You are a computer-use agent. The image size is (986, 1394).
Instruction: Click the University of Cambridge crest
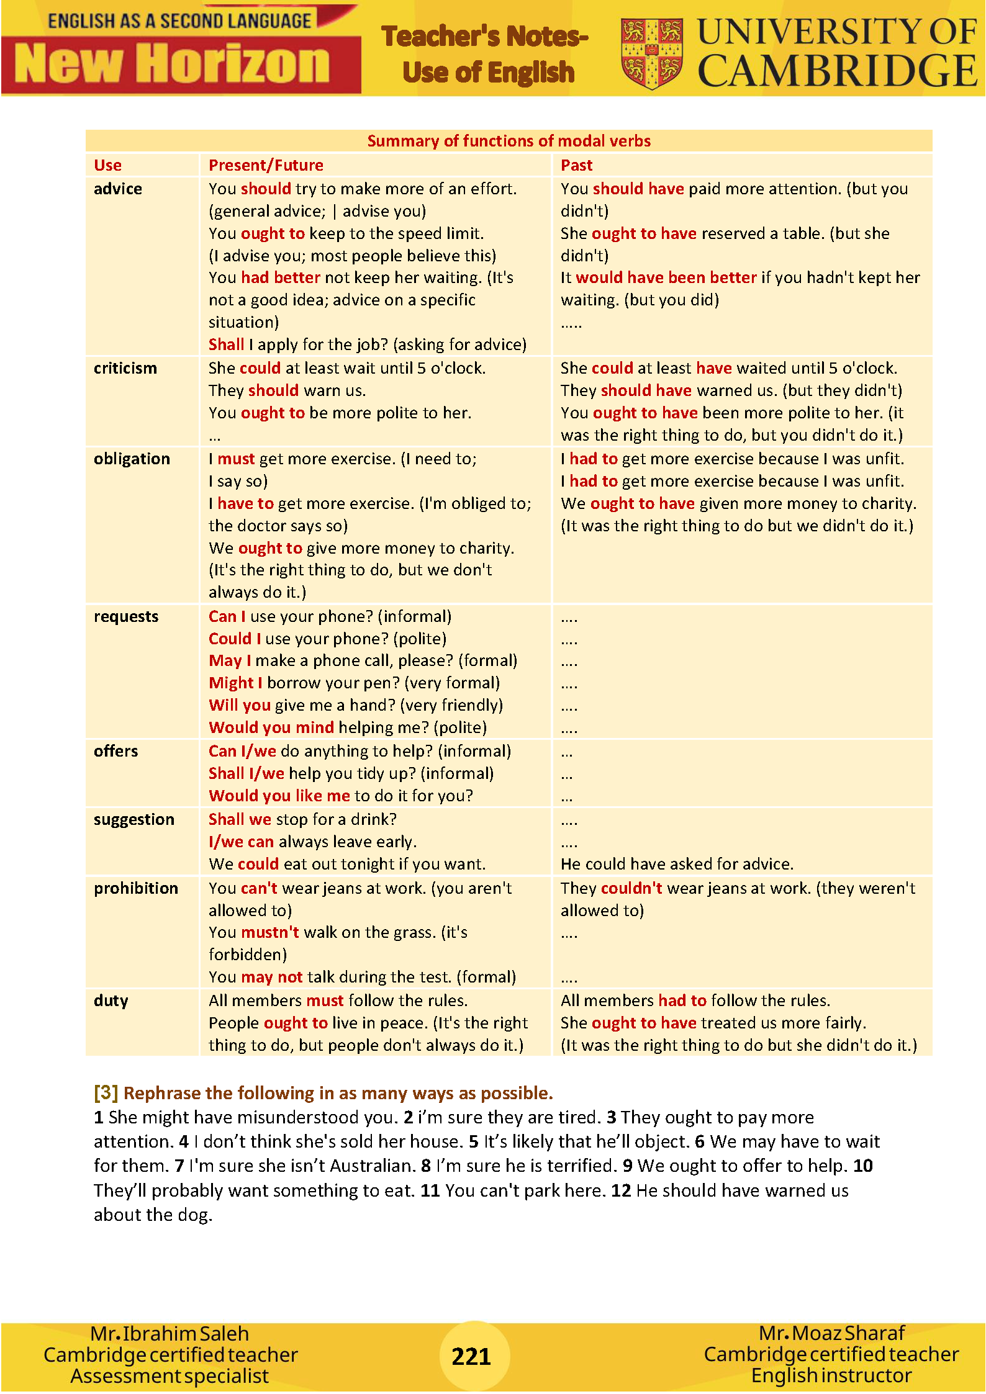651,53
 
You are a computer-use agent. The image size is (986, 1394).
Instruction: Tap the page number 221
471,1356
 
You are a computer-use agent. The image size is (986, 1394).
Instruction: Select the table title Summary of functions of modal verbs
509,141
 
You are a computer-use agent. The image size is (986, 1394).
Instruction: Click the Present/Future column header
266,165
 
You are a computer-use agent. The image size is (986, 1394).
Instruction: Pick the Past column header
576,165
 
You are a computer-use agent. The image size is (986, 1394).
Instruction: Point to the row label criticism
125,368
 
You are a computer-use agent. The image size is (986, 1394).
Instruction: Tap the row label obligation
132,459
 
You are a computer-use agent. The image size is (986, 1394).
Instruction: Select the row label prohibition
136,888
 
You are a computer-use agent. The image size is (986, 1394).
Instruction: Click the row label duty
111,1001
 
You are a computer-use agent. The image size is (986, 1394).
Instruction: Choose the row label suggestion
134,819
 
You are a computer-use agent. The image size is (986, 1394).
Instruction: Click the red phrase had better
281,277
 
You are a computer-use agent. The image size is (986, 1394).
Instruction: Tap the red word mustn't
270,932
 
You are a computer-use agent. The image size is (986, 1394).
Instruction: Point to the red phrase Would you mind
271,727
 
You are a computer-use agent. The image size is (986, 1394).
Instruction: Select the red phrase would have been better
666,277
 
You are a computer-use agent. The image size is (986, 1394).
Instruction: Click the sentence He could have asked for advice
677,864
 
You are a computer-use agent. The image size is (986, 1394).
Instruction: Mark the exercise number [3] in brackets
106,1092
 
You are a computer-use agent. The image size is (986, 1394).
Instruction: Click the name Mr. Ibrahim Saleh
170,1333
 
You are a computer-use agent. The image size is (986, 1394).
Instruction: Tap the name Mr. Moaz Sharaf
832,1333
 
